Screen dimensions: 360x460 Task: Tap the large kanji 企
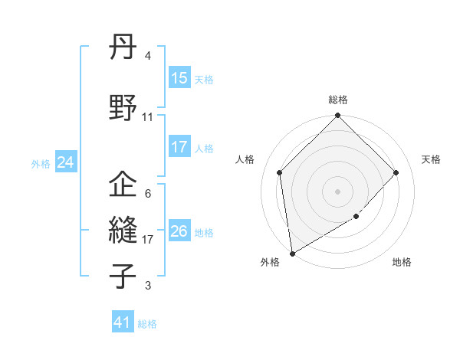(123, 185)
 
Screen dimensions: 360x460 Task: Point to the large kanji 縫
(123, 229)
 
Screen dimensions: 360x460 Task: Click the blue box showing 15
(179, 78)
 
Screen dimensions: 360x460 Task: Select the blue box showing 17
(179, 147)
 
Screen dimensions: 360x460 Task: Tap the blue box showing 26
(179, 231)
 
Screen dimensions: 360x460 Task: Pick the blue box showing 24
(65, 162)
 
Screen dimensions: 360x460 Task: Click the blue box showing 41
(123, 322)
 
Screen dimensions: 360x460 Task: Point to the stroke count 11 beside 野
(148, 117)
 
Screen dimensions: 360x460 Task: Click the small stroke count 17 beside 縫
(148, 239)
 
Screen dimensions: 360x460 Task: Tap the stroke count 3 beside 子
(148, 286)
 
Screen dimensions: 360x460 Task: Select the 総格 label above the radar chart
(338, 100)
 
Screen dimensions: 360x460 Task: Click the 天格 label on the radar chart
(431, 159)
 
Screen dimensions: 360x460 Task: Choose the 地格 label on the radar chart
(402, 263)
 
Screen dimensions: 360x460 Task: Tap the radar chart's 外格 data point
(292, 254)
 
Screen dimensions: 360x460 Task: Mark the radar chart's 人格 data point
(280, 172)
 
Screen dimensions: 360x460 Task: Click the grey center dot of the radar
(338, 191)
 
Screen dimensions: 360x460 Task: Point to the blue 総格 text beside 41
(147, 324)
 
